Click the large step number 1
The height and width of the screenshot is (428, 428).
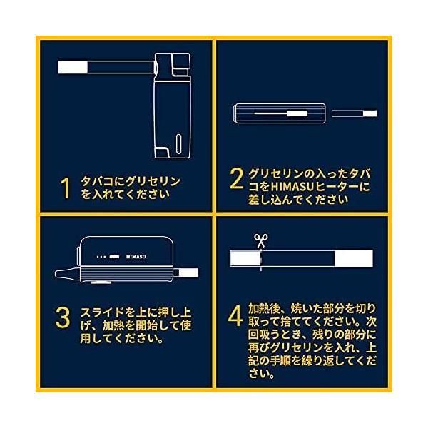(66, 188)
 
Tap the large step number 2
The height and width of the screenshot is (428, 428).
(236, 178)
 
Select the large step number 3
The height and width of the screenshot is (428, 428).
(63, 317)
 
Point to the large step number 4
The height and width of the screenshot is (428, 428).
(235, 315)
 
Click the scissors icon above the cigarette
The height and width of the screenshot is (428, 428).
(261, 240)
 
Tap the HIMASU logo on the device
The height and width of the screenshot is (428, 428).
(136, 257)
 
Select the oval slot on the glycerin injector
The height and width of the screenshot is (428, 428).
(178, 143)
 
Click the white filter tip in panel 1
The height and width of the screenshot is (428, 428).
(73, 67)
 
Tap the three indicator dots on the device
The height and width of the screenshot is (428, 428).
(101, 257)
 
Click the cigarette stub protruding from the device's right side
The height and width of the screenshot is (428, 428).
(188, 272)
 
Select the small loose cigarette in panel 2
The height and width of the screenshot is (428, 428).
(355, 113)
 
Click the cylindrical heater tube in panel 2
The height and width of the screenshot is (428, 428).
(280, 113)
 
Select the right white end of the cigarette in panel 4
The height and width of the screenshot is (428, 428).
(354, 258)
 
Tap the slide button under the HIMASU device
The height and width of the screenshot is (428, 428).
(101, 282)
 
